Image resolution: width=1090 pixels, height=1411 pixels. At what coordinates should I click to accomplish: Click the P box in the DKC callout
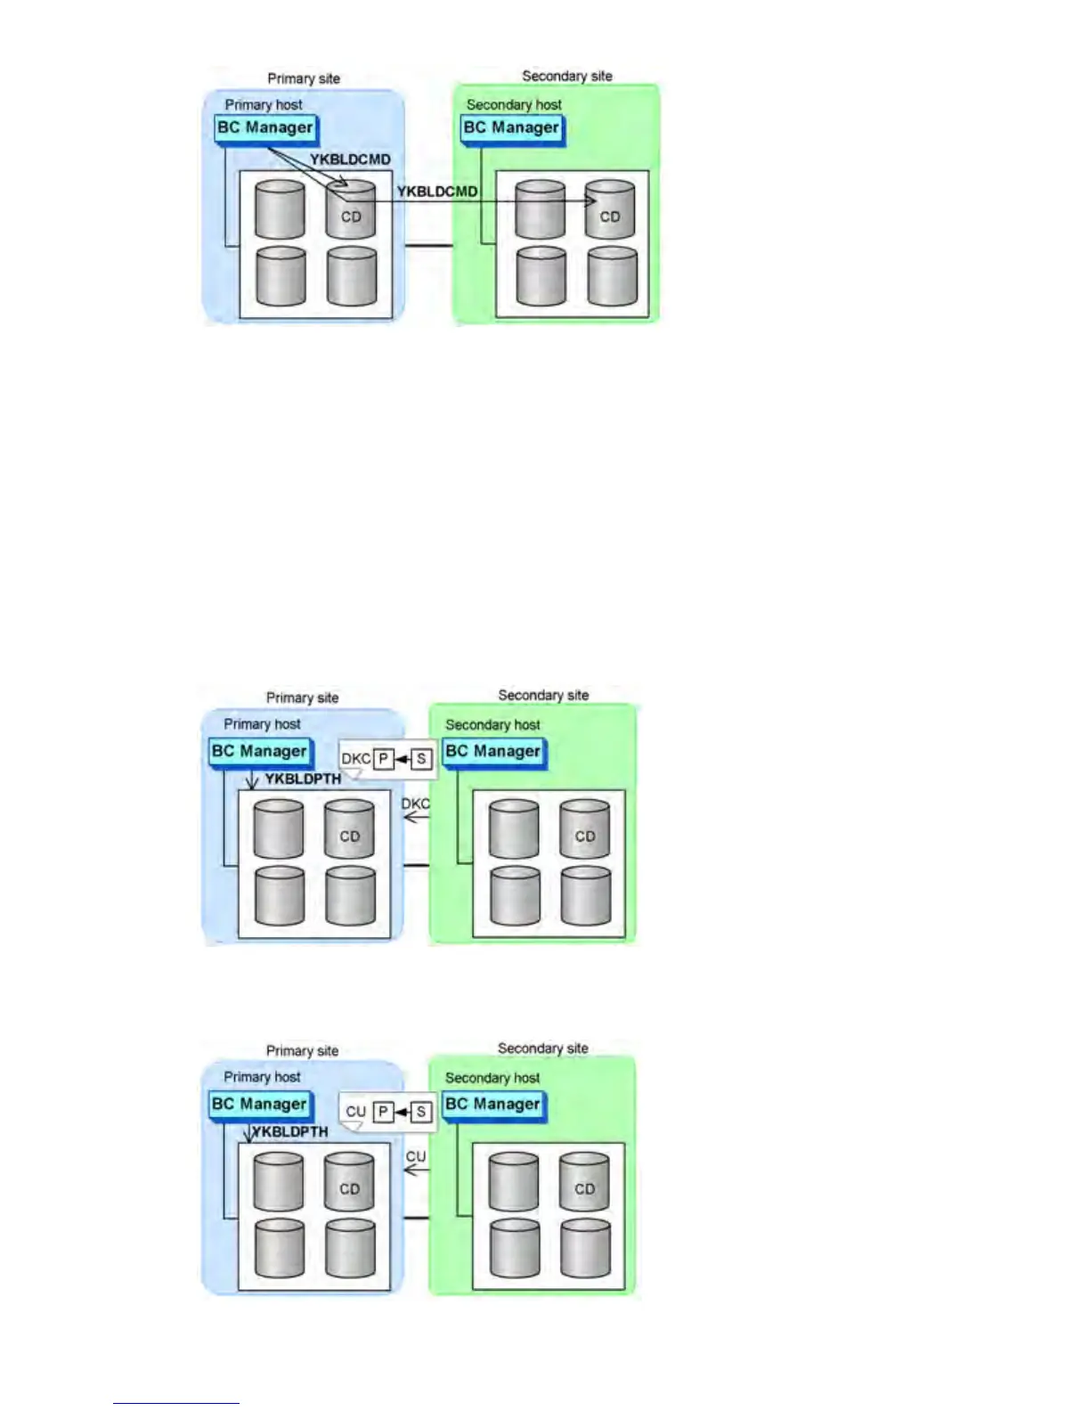[383, 759]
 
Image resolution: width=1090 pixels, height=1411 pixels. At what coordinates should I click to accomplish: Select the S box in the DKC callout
[421, 759]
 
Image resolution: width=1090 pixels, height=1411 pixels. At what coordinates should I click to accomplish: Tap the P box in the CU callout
[383, 1112]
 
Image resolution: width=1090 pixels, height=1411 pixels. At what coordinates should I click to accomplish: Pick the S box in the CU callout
[421, 1112]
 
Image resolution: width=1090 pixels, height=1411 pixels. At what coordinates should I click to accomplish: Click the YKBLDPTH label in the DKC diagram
[303, 779]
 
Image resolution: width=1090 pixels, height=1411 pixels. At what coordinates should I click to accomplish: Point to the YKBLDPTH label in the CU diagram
[290, 1131]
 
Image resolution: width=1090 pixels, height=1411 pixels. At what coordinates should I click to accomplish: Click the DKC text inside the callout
[355, 759]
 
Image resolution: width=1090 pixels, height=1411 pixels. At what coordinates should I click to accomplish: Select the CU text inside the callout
[355, 1112]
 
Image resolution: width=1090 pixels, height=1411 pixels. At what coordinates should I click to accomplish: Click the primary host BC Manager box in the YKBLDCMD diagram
[265, 127]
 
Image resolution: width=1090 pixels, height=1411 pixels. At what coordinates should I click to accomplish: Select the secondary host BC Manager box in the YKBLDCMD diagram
[511, 127]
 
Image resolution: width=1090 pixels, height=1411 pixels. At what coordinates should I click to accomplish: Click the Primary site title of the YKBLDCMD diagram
[304, 78]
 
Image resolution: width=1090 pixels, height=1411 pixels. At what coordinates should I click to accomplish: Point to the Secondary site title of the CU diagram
[543, 1048]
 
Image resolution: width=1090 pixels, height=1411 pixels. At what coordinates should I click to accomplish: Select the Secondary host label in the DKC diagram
[492, 725]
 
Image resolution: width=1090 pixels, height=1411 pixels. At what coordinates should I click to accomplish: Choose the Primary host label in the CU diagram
[262, 1077]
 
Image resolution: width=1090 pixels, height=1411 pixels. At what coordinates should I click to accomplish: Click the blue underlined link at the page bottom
[176, 1403]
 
